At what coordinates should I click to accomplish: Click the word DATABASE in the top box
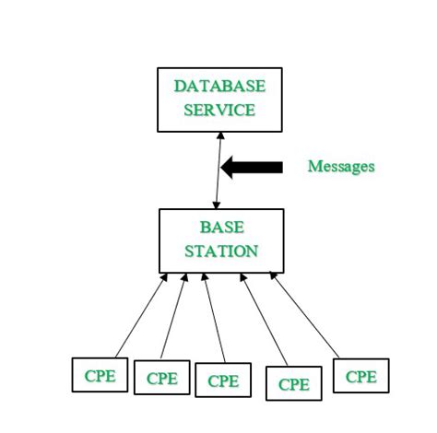(219, 87)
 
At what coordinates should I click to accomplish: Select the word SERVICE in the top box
(219, 110)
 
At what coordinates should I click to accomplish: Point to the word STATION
(221, 251)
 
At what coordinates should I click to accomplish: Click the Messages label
(340, 167)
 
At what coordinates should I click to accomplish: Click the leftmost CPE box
(100, 375)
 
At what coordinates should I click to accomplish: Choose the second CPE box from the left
(161, 378)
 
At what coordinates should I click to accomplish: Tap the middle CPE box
(222, 380)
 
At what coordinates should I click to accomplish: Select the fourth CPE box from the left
(293, 384)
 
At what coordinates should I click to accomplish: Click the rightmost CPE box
(360, 376)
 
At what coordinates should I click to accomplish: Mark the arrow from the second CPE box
(174, 318)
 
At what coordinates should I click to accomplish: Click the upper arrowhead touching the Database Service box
(219, 135)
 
